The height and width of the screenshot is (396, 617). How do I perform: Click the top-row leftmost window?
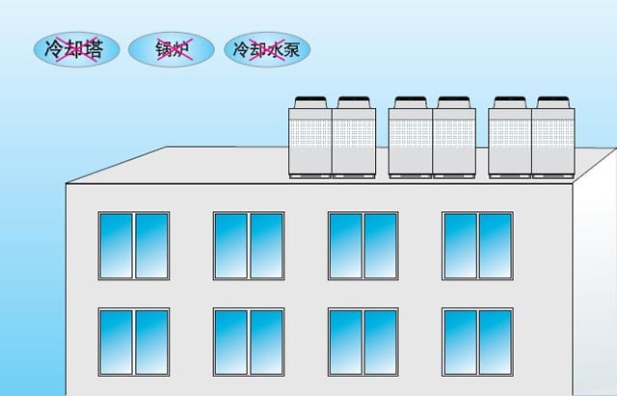pyautogui.click(x=133, y=246)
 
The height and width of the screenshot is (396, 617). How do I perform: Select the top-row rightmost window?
pyautogui.click(x=477, y=246)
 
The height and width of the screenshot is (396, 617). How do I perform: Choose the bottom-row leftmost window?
pyautogui.click(x=133, y=342)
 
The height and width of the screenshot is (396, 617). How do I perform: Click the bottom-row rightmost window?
pyautogui.click(x=477, y=342)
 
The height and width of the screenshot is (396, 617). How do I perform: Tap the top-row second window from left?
pyautogui.click(x=248, y=246)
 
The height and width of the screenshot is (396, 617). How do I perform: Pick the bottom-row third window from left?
pyautogui.click(x=362, y=342)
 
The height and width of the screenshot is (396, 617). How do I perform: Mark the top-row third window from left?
pyautogui.click(x=362, y=246)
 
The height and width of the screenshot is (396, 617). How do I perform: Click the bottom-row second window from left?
pyautogui.click(x=248, y=342)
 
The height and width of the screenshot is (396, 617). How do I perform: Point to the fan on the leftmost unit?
pyautogui.click(x=311, y=101)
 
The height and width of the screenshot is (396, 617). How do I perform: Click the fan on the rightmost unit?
pyautogui.click(x=553, y=101)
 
